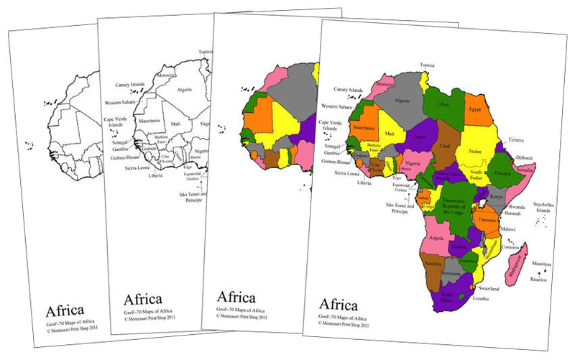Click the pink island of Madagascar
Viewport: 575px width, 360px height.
coord(517,265)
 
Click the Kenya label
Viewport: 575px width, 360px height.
coord(495,196)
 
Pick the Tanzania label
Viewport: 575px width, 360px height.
coord(488,221)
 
